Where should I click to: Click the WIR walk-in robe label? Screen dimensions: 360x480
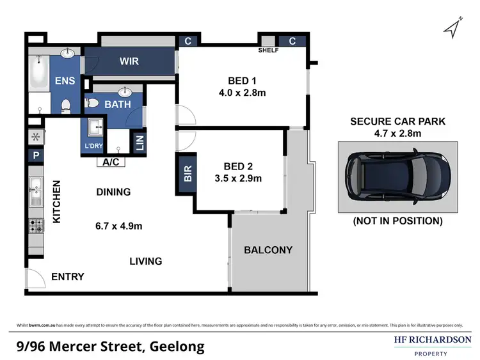[130, 61]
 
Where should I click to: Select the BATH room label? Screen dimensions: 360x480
[118, 104]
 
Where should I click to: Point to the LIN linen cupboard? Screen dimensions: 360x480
[139, 142]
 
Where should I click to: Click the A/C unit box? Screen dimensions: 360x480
[109, 162]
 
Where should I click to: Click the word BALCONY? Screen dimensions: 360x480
[268, 250]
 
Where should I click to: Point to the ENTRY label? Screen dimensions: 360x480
[68, 276]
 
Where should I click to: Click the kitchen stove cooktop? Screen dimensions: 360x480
[35, 225]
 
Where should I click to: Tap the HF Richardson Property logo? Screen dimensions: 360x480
[432, 345]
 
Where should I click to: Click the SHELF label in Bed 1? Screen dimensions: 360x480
[268, 51]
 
